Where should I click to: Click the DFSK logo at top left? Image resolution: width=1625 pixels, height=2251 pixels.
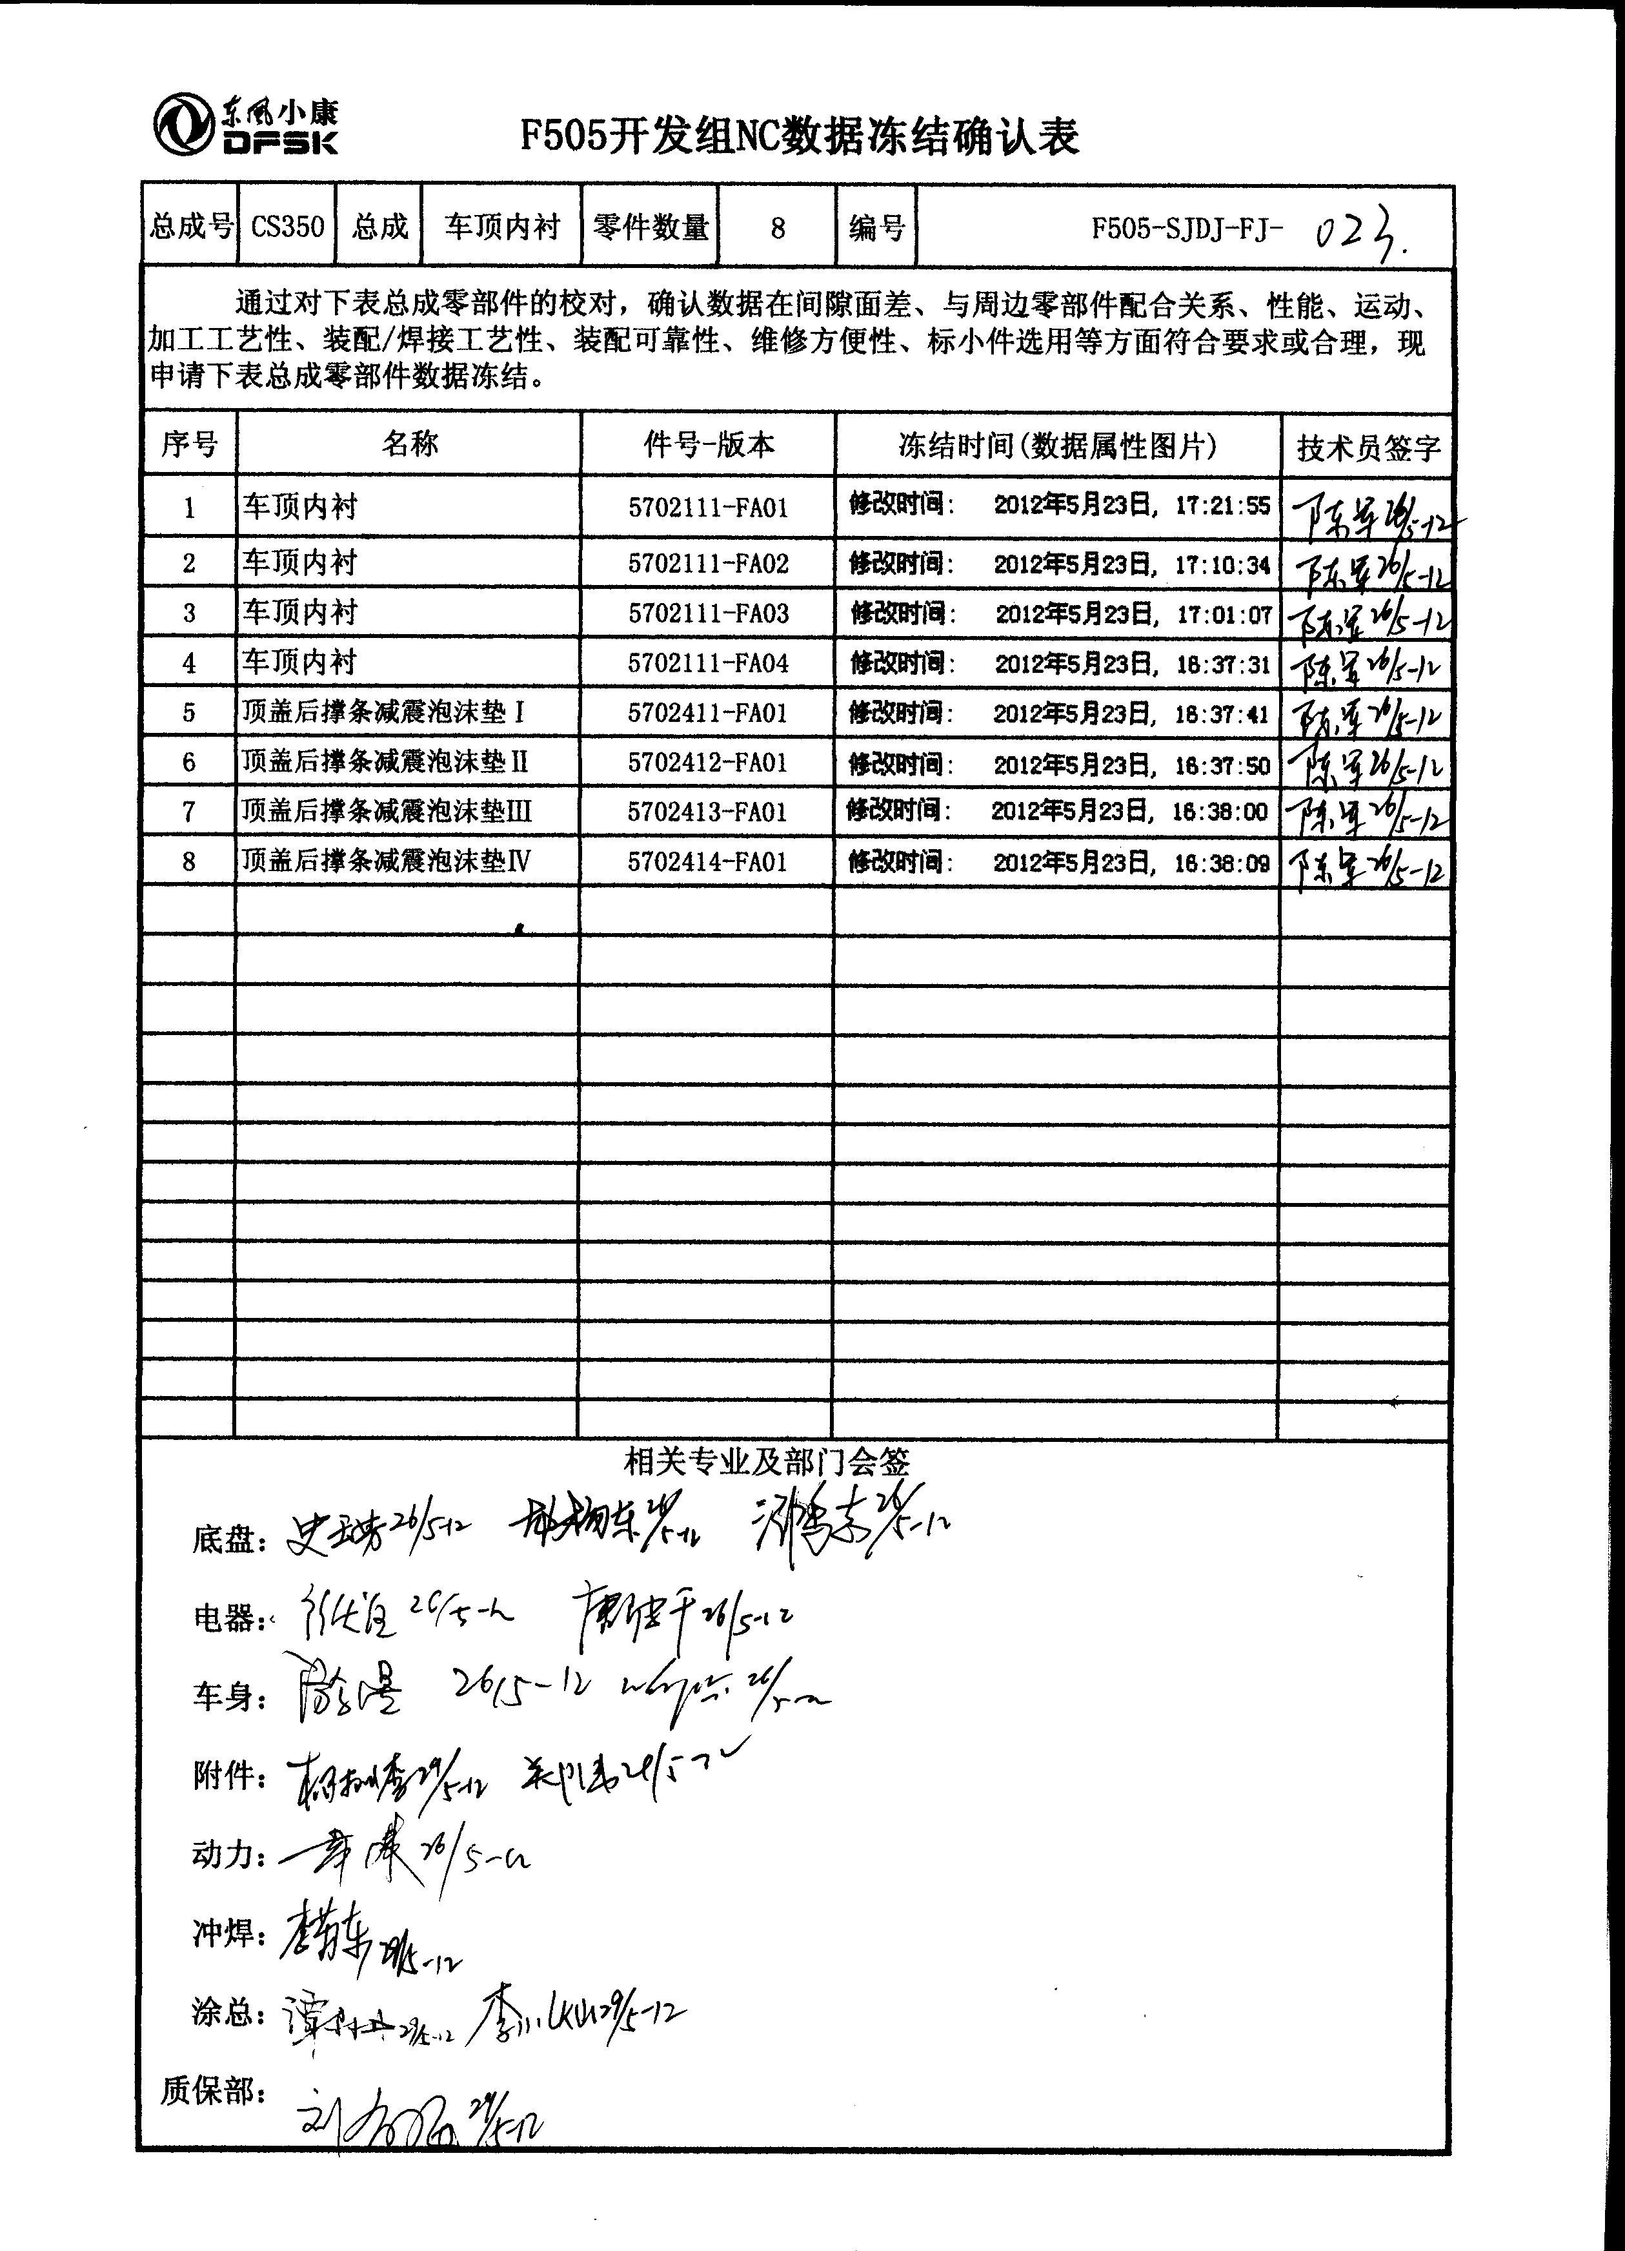(245, 126)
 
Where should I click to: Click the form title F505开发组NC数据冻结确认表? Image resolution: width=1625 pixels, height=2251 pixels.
(800, 136)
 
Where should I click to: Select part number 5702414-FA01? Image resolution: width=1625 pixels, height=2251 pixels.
(707, 861)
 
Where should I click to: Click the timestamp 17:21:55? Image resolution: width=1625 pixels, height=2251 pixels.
(1222, 506)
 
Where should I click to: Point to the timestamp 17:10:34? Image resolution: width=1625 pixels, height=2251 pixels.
(1222, 565)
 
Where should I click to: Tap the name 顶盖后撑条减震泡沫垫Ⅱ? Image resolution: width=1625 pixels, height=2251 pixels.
(385, 761)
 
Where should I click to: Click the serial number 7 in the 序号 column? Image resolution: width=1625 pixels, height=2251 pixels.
(188, 812)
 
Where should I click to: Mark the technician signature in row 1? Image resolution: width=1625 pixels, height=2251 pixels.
(1368, 512)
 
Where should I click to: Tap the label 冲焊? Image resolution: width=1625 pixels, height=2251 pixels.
(228, 1935)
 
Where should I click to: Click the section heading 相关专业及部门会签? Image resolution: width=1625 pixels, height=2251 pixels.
(766, 1460)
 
